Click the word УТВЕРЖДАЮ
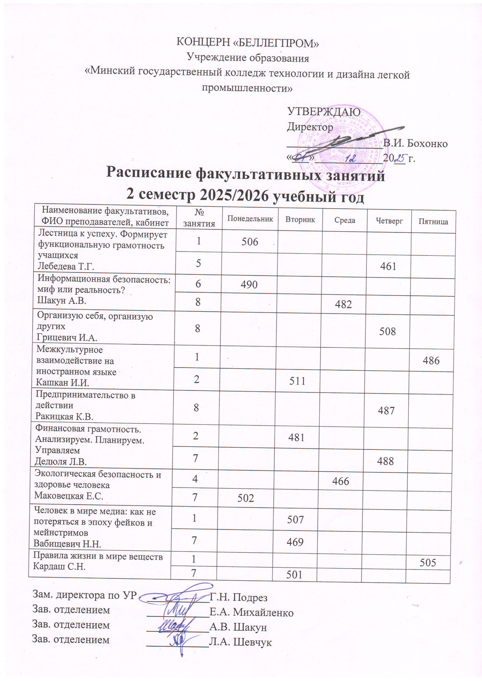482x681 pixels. pos(324,112)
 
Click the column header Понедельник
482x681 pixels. pos(250,219)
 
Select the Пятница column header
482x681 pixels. pos(433,222)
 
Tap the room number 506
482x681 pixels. pos(250,242)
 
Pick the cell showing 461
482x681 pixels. pos(388,266)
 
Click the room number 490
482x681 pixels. pos(249,285)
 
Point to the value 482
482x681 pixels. pos(343,304)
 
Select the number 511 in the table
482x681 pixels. pos(297,381)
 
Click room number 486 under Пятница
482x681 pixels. pos(431,361)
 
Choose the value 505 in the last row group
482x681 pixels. pos(428,563)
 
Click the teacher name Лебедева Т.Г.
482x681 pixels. pos(66,266)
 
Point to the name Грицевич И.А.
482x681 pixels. pos(67,337)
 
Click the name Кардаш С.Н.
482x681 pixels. pos(59,566)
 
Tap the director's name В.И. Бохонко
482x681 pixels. pos(415,144)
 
